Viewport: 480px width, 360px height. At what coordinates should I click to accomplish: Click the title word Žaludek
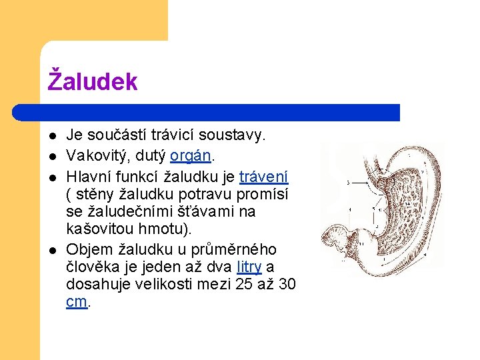pyautogui.click(x=93, y=82)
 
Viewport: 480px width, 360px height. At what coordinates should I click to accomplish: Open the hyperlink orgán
pyautogui.click(x=191, y=155)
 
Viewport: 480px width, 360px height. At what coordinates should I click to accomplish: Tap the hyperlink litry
pyautogui.click(x=249, y=267)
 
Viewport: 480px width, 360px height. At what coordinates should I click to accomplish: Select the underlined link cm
pyautogui.click(x=77, y=301)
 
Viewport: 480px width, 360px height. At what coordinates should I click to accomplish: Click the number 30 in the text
pyautogui.click(x=287, y=284)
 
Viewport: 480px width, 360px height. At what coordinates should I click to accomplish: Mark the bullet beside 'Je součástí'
pyautogui.click(x=52, y=136)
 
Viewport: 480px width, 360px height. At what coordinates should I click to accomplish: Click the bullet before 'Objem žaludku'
pyautogui.click(x=52, y=251)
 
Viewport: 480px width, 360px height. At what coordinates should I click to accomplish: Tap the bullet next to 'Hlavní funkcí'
pyautogui.click(x=52, y=176)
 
